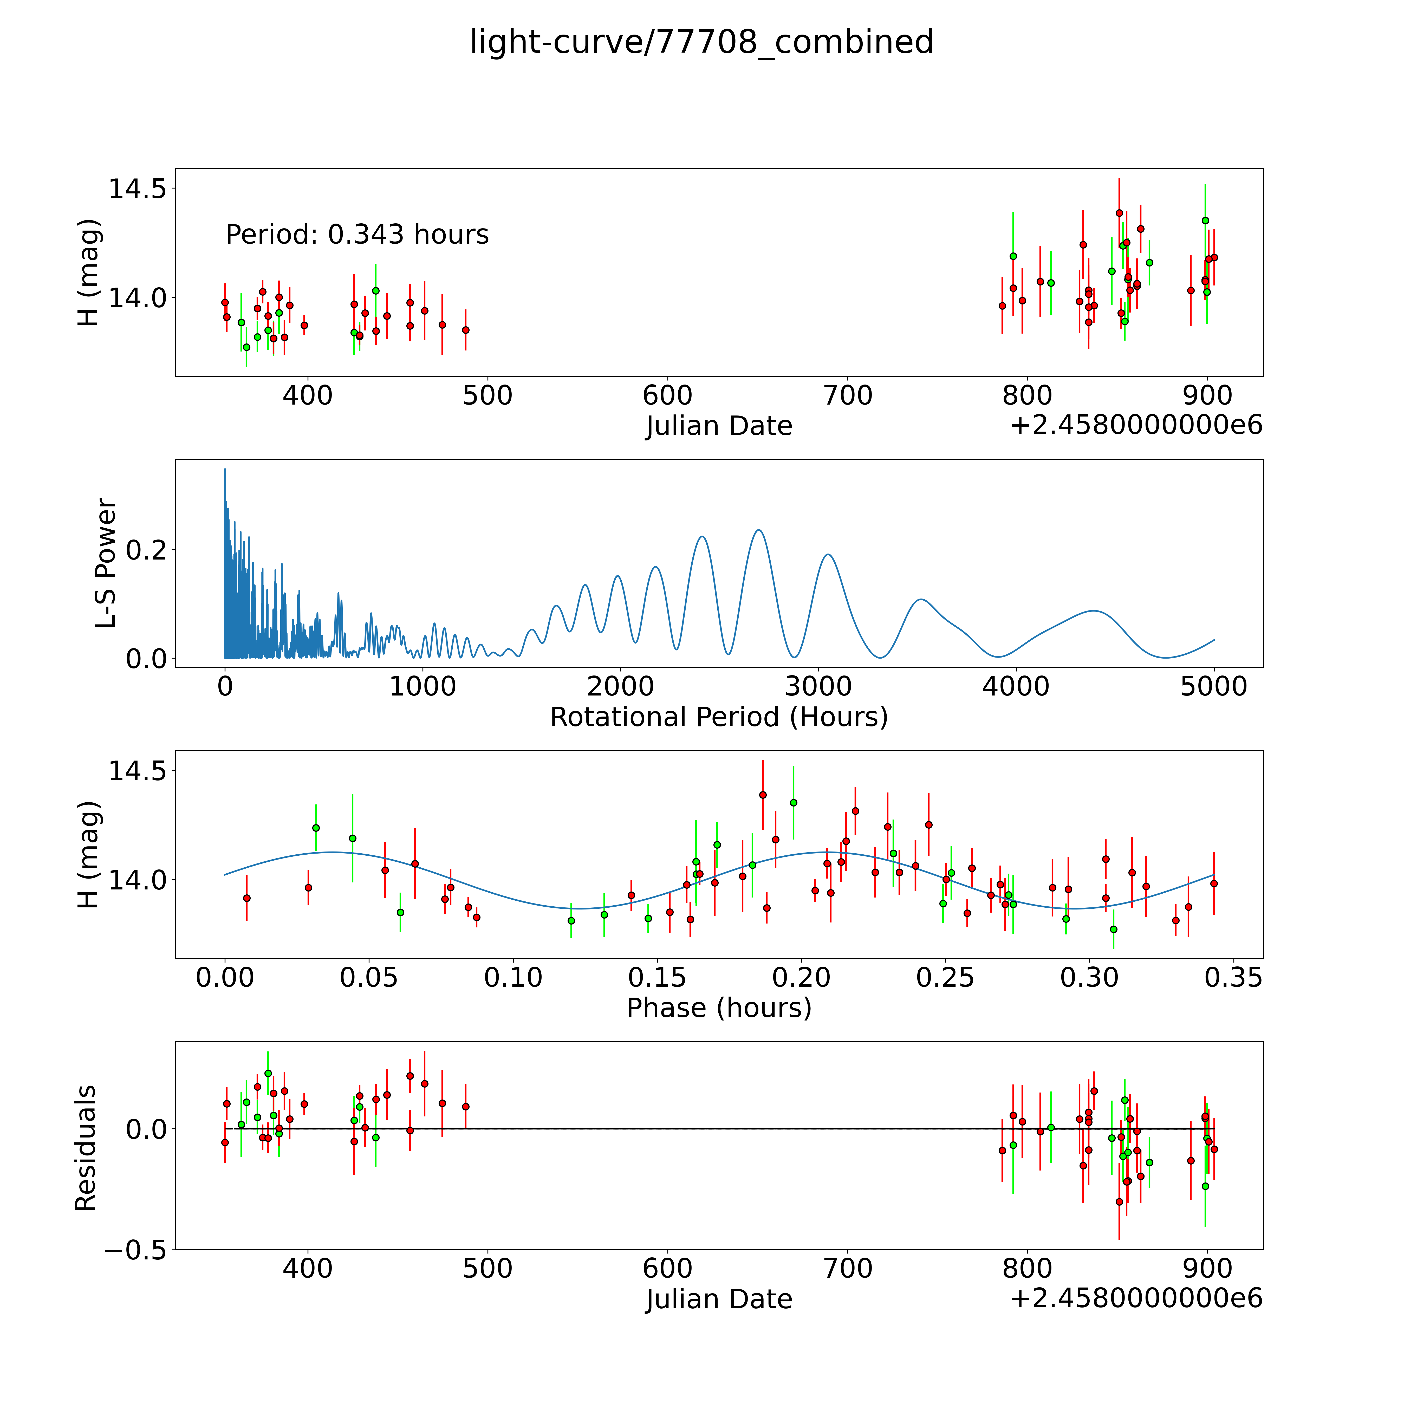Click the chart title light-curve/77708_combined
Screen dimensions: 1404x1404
(x=701, y=42)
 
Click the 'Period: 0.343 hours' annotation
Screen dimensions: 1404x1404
(x=357, y=235)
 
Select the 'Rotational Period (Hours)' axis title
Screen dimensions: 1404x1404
(x=719, y=717)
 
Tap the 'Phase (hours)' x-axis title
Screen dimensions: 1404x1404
(x=719, y=1008)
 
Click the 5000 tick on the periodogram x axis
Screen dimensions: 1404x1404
(x=1214, y=687)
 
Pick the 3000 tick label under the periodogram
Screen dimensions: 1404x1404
(x=818, y=687)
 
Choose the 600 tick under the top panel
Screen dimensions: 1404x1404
(x=667, y=396)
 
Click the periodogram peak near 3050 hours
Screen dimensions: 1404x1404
(x=828, y=555)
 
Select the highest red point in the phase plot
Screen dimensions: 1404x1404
(x=762, y=795)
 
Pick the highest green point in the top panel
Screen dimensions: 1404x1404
(x=1205, y=220)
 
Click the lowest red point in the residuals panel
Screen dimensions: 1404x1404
(x=1119, y=1202)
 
